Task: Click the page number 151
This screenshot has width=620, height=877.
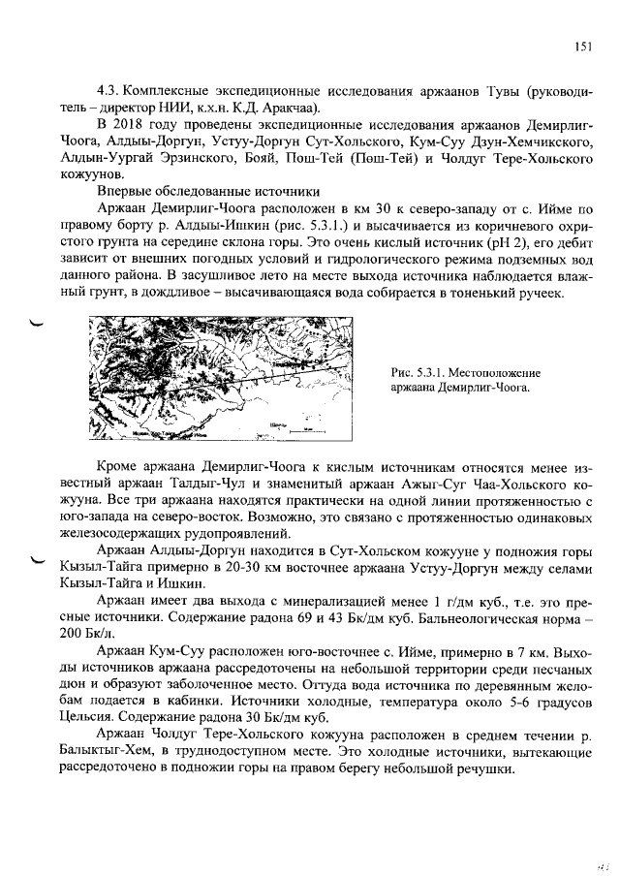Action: (581, 45)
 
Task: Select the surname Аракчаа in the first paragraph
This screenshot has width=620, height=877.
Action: (299, 107)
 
